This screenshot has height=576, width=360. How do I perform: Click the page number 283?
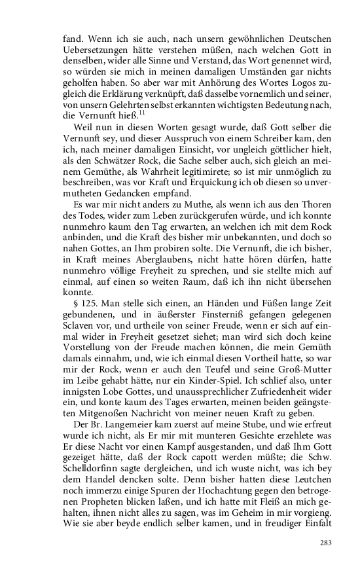click(x=327, y=543)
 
